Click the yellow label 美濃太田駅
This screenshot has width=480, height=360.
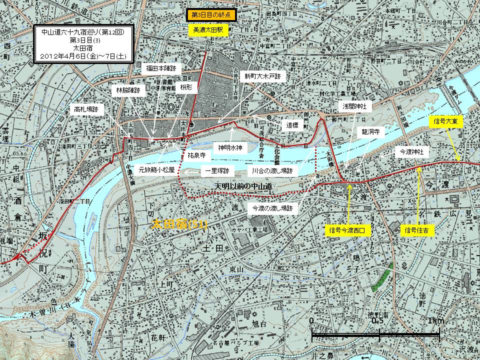point(208,30)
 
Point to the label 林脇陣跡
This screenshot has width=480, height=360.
point(128,90)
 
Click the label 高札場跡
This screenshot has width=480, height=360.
point(86,107)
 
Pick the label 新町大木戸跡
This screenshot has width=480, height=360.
point(262,77)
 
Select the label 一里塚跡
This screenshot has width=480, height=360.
point(217,171)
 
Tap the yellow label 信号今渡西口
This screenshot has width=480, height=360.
point(348,231)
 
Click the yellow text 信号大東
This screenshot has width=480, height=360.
point(444,121)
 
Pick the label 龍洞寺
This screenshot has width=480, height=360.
point(371,133)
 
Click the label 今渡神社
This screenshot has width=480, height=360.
point(411,151)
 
